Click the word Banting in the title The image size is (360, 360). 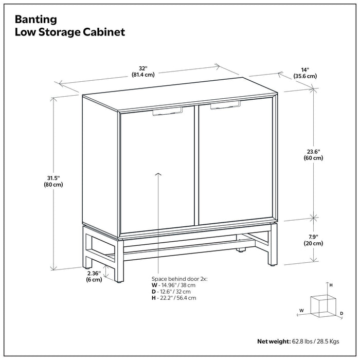(35, 20)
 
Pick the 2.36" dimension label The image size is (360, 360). (94, 277)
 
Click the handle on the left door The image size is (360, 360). (168, 112)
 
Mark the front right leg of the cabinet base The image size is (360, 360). (271, 249)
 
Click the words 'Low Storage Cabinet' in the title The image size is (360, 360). (70, 32)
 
